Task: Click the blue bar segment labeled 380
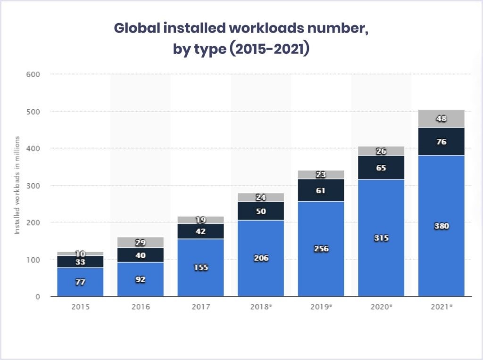(441, 226)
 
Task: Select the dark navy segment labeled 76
(441, 141)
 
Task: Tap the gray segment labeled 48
(441, 118)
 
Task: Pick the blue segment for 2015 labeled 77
(80, 282)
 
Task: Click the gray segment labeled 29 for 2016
(141, 243)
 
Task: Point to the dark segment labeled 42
(200, 231)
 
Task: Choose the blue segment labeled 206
(261, 258)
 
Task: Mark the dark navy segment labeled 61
(321, 190)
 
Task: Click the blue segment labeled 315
(381, 238)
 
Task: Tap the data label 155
(201, 267)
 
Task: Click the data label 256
(321, 248)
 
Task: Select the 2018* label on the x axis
(261, 306)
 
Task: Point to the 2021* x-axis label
(441, 306)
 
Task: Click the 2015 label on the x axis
(80, 306)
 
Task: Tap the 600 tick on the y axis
(33, 74)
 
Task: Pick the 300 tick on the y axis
(33, 186)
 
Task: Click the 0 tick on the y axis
(38, 296)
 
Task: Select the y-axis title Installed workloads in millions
(17, 185)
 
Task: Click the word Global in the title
(137, 28)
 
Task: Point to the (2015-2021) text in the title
(269, 49)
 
